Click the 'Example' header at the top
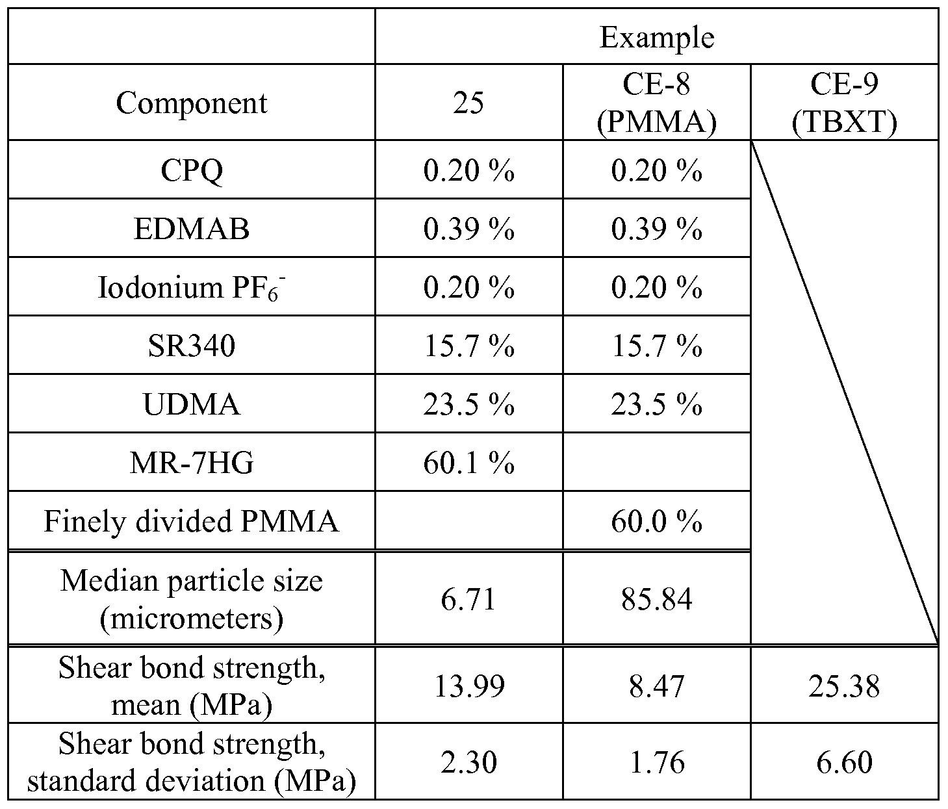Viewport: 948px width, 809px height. coord(656,37)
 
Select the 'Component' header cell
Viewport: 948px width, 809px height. coord(192,103)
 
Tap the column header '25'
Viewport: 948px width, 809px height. coord(468,103)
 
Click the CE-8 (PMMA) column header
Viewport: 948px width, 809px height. coord(656,103)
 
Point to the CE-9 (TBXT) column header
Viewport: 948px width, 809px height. coord(844,103)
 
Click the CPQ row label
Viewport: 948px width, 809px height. coord(192,170)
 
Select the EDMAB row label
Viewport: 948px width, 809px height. coord(192,229)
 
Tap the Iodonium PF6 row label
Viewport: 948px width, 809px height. coord(192,287)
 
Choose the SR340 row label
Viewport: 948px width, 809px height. coord(192,346)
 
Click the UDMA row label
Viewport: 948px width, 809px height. coord(192,404)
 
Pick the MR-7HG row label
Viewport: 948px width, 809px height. coord(192,463)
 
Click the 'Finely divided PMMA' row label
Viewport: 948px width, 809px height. coord(192,521)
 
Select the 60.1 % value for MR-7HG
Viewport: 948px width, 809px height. coord(468,463)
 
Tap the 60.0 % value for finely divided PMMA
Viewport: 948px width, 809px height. coord(656,521)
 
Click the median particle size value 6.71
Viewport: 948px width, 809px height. coord(468,598)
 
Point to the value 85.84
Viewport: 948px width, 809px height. coord(656,598)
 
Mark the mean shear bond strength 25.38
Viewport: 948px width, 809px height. coord(844,686)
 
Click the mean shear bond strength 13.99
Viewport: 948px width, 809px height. coord(468,686)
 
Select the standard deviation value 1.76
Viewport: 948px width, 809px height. coord(656,762)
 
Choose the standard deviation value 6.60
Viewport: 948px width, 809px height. coord(844,762)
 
